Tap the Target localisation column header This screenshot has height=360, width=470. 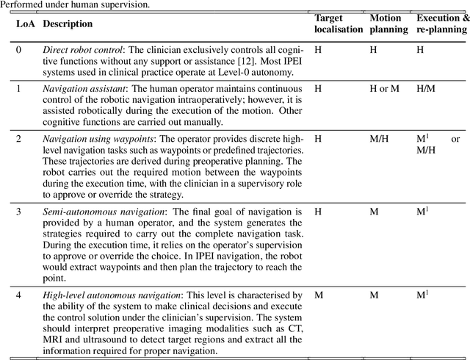339,24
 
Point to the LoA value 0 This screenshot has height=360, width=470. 19,49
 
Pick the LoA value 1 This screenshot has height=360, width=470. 19,88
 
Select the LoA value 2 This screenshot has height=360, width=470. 19,138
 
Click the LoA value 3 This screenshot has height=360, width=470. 19,212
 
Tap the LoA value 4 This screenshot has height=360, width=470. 19,295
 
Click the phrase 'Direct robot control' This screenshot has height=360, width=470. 82,49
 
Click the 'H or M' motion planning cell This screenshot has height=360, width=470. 385,88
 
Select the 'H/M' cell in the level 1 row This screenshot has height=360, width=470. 426,88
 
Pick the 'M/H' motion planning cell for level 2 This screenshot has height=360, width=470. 380,138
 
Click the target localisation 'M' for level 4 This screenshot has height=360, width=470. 318,295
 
